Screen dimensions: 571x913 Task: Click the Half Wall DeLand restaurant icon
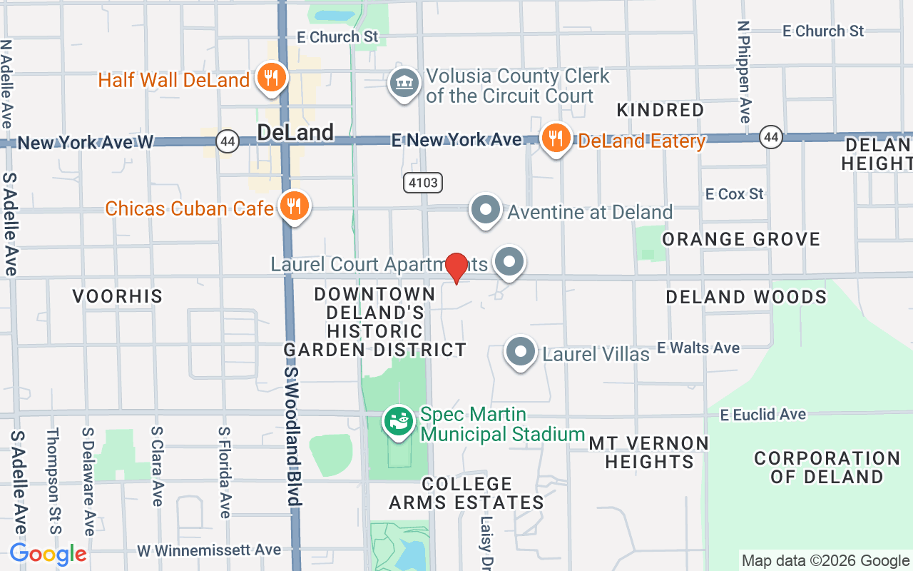pos(270,78)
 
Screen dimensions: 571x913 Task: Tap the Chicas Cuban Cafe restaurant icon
pos(293,206)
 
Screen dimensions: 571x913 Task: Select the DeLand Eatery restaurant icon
pos(555,138)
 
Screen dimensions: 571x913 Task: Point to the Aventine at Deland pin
pos(486,211)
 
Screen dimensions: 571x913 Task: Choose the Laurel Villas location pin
pos(521,352)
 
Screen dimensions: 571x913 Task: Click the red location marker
pos(456,268)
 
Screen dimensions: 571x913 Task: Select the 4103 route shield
pos(423,183)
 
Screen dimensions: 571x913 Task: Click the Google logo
pos(48,554)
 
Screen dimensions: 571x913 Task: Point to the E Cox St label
pos(734,194)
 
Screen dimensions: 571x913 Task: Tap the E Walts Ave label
pos(698,348)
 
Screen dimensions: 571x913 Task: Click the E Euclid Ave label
pos(763,415)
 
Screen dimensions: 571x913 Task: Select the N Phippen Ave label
pos(745,71)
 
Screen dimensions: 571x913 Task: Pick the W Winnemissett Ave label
pos(209,550)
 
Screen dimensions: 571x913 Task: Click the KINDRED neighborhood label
pos(660,110)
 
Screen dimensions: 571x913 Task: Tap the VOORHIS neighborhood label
pos(118,296)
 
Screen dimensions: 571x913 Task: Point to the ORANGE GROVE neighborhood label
pos(741,239)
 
